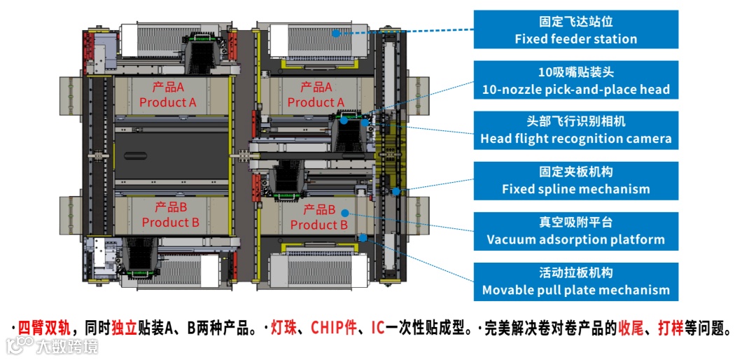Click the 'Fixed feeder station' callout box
[575, 29]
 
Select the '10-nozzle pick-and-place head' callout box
[575, 81]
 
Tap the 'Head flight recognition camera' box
[575, 130]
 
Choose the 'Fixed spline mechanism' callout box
[575, 181]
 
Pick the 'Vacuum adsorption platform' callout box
[575, 231]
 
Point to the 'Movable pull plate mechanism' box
[575, 282]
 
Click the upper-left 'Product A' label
[168, 95]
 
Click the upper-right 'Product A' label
[316, 95]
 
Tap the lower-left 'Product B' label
[170, 215]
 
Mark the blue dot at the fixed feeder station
[336, 33]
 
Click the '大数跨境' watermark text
[67, 346]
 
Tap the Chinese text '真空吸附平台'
[575, 223]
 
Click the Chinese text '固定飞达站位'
[575, 22]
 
